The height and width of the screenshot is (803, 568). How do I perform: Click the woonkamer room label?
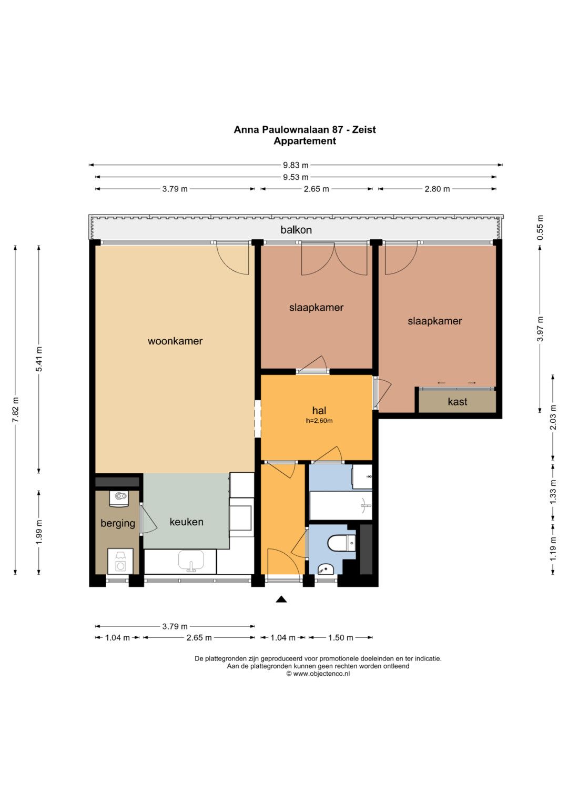pyautogui.click(x=175, y=341)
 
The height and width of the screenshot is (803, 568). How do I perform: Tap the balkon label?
pyautogui.click(x=296, y=230)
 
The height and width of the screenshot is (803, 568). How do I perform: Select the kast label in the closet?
pyautogui.click(x=457, y=402)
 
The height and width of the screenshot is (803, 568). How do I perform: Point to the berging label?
pyautogui.click(x=118, y=523)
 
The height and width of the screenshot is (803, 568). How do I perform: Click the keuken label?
pyautogui.click(x=187, y=522)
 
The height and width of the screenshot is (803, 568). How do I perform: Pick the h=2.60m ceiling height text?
pyautogui.click(x=319, y=421)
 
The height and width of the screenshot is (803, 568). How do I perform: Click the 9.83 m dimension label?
pyautogui.click(x=296, y=165)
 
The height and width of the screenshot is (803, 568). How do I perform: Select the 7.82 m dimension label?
pyautogui.click(x=15, y=410)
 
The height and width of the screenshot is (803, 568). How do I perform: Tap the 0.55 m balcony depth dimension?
pyautogui.click(x=541, y=228)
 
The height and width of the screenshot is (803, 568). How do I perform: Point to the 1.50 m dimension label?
pyautogui.click(x=341, y=638)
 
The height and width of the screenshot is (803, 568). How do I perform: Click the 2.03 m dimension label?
pyautogui.click(x=553, y=417)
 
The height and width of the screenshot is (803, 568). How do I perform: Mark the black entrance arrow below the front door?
pyautogui.click(x=281, y=599)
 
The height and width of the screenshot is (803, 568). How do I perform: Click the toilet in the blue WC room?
pyautogui.click(x=341, y=543)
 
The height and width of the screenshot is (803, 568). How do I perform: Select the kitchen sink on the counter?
pyautogui.click(x=191, y=562)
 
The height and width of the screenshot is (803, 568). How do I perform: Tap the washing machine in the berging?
pyautogui.click(x=120, y=562)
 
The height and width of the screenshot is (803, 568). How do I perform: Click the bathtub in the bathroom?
pyautogui.click(x=341, y=505)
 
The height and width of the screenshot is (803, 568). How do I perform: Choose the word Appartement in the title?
pyautogui.click(x=305, y=141)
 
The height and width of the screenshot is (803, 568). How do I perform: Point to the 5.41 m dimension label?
pyautogui.click(x=39, y=359)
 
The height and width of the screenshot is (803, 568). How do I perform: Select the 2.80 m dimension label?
pyautogui.click(x=437, y=189)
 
